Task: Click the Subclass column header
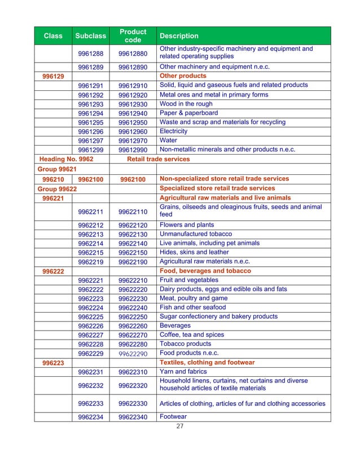tap(90, 36)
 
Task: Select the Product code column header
tap(133, 36)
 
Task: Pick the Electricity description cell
tap(174, 131)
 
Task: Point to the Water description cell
tap(169, 140)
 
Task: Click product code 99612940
tap(133, 113)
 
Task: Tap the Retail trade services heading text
tap(159, 160)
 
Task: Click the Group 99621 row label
tap(56, 169)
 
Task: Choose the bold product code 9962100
tap(133, 179)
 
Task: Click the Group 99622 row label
tap(56, 188)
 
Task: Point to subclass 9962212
tap(90, 225)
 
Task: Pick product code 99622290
tap(133, 354)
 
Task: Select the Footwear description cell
tap(173, 417)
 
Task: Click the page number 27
tap(179, 427)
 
